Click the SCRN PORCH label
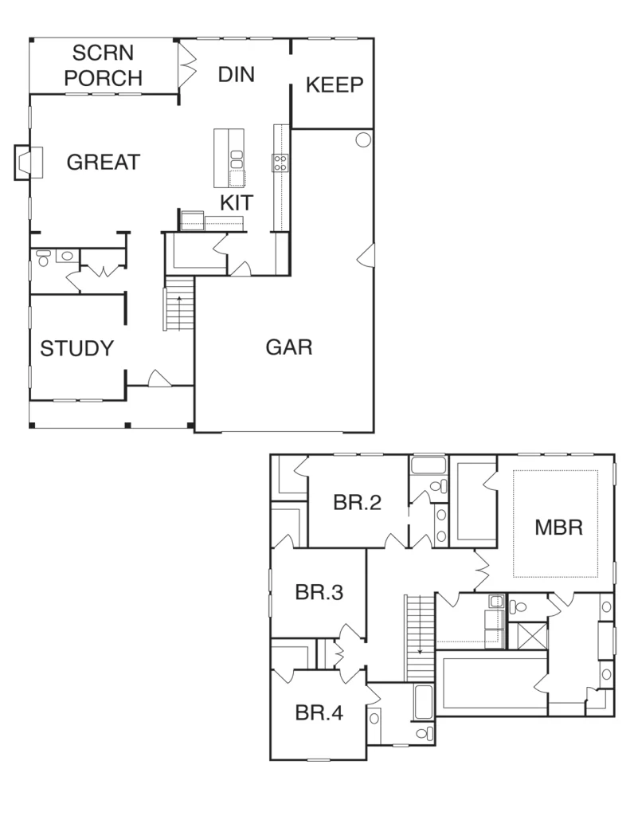tap(103, 65)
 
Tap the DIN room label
tap(237, 75)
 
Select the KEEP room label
tap(335, 84)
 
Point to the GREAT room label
tap(104, 163)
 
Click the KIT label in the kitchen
tap(237, 203)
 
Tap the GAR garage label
tap(289, 347)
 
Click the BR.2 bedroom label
tap(358, 502)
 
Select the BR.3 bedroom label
tap(319, 592)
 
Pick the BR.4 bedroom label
tap(319, 713)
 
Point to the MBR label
tap(559, 528)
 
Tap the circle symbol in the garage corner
tap(363, 139)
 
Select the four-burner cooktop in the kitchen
tap(280, 163)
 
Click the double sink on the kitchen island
tap(237, 159)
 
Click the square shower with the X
tap(527, 635)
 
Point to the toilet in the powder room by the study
tap(43, 257)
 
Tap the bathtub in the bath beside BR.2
tap(428, 465)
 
